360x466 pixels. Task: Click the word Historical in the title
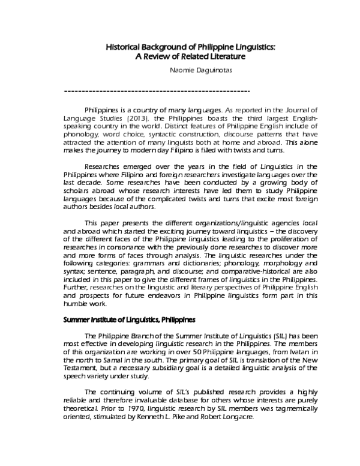tap(124, 46)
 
